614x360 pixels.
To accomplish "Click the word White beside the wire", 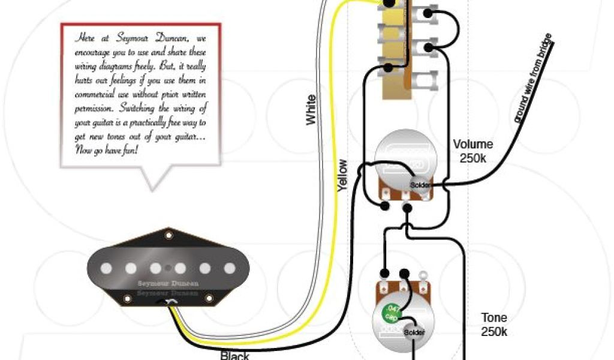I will pyautogui.click(x=311, y=110).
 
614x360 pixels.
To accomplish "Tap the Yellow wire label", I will pyautogui.click(x=342, y=175).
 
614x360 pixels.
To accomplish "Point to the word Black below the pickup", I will pyautogui.click(x=234, y=355).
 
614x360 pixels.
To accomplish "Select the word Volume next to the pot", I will pyautogui.click(x=472, y=145).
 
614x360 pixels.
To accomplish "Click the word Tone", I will pyautogui.click(x=493, y=318).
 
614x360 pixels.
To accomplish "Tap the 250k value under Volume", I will pyautogui.click(x=474, y=158).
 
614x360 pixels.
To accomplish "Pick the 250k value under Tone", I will pyautogui.click(x=493, y=332).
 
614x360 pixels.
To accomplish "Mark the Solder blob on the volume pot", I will pyautogui.click(x=420, y=184).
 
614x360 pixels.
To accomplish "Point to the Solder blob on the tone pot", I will pyautogui.click(x=413, y=332).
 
